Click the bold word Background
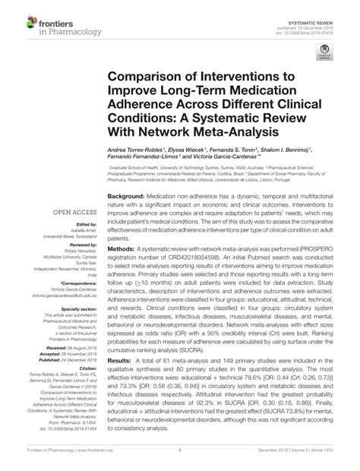point(125,195)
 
